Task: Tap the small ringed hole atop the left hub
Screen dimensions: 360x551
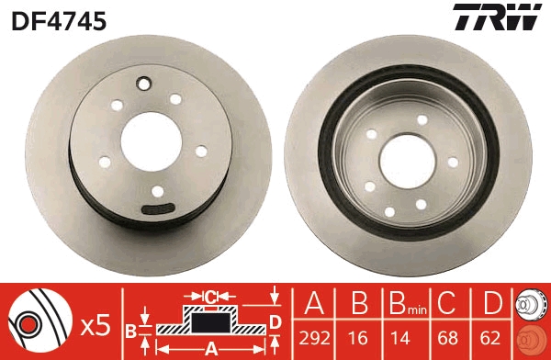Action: tap(142, 86)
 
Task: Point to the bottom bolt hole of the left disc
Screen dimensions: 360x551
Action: tap(158, 191)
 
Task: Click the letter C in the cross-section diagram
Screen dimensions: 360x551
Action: tap(209, 297)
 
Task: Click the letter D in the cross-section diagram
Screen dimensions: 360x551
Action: tap(275, 320)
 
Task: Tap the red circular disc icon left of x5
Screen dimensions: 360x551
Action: tap(35, 322)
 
